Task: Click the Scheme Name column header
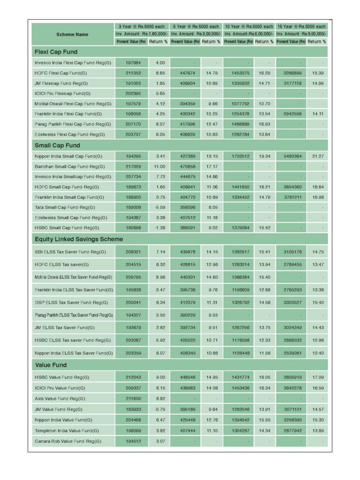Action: click(72, 34)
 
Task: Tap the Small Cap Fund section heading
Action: click(57, 145)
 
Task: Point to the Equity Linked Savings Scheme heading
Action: click(79, 239)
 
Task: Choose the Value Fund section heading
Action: click(51, 365)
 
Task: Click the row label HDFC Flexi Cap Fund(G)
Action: click(60, 73)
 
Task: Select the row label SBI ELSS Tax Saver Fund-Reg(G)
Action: click(70, 252)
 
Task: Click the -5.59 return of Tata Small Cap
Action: click(160, 207)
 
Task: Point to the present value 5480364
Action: click(291, 156)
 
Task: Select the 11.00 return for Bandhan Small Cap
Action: click(160, 166)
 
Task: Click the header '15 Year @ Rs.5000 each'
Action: click(301, 27)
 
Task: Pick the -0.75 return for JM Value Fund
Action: click(160, 409)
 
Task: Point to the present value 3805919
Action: click(291, 377)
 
